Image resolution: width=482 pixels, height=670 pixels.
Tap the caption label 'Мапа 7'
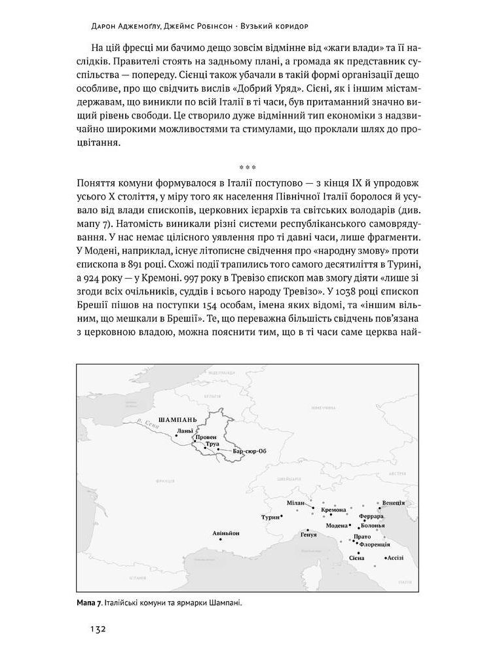point(89,603)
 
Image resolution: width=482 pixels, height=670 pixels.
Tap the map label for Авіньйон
point(226,533)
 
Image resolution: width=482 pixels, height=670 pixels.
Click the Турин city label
point(270,517)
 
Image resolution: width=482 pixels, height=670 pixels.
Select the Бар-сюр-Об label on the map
point(250,451)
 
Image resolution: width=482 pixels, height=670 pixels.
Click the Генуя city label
point(308,535)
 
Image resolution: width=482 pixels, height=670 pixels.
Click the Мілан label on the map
point(296,502)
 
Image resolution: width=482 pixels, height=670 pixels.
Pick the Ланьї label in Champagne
point(185,431)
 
